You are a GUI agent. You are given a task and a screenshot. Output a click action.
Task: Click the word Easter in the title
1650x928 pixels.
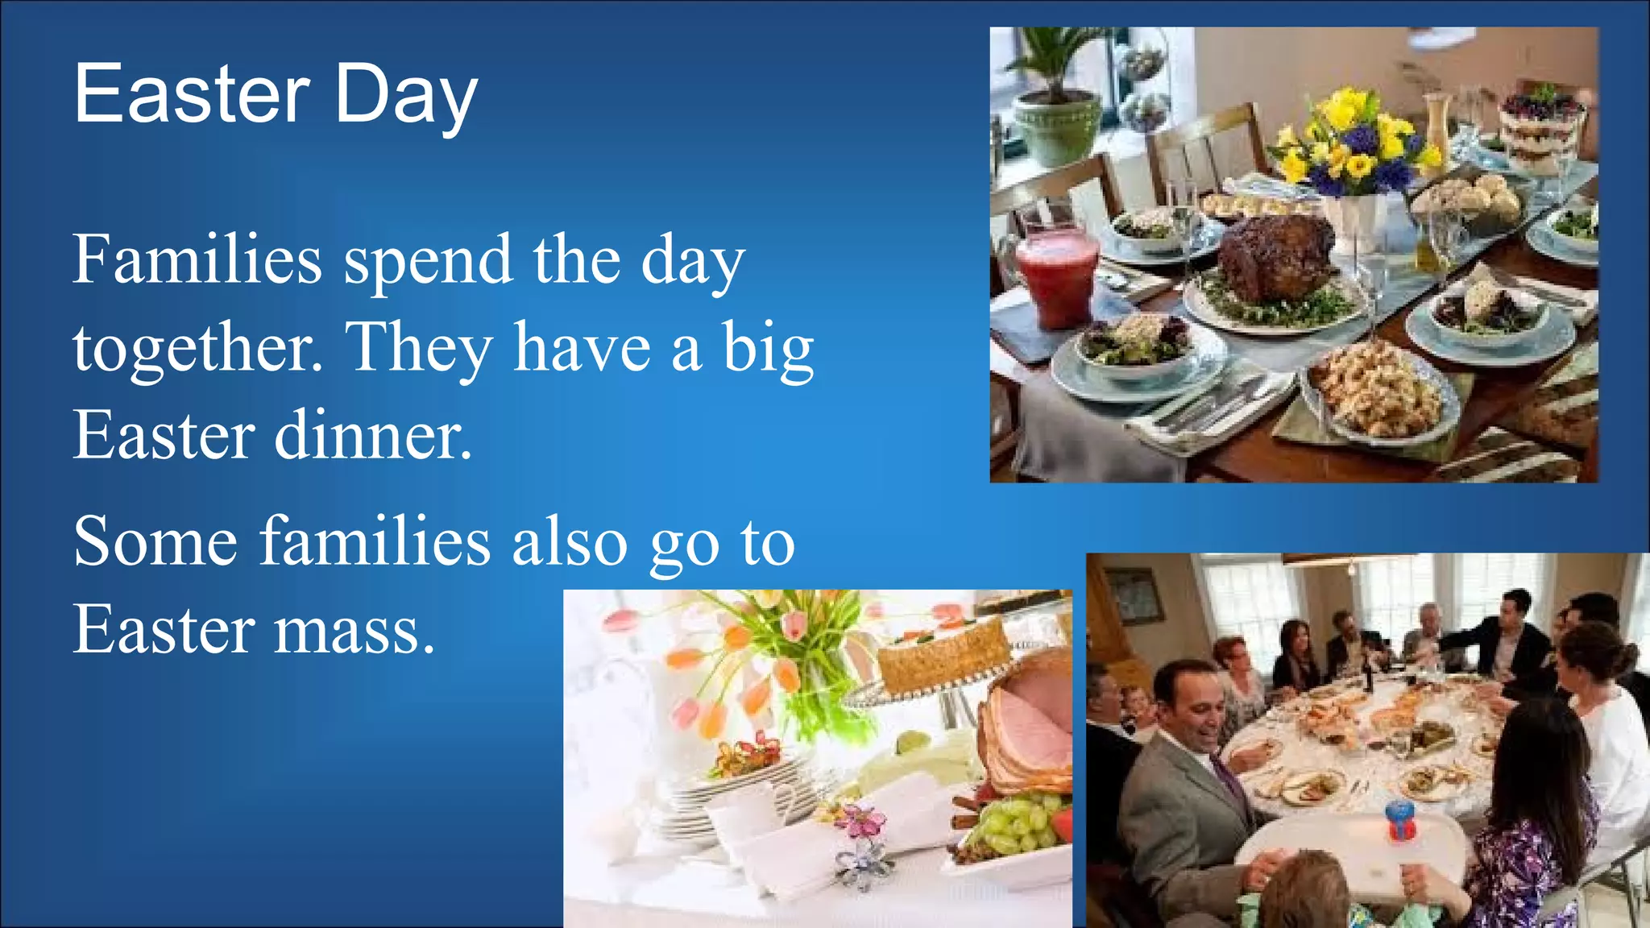pos(192,94)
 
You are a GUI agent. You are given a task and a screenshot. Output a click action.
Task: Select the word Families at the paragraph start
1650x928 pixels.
pos(197,259)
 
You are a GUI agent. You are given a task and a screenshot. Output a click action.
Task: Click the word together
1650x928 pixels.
pos(197,348)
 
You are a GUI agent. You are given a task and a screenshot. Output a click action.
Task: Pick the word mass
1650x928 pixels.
pos(354,630)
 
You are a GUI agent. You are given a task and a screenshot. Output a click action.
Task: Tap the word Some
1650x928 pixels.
pos(155,541)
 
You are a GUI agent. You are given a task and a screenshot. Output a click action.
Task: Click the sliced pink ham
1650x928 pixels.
pos(1027,725)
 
